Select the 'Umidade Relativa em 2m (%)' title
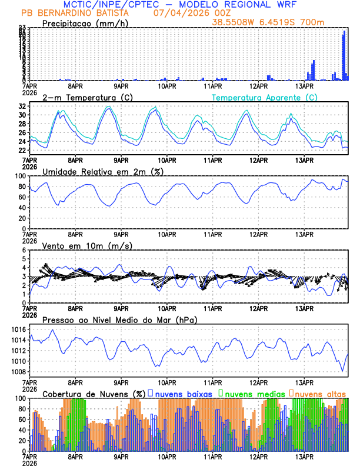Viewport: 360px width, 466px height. click(103, 171)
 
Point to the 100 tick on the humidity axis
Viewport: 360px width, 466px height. click(20, 176)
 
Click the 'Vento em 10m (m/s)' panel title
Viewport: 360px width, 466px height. click(87, 245)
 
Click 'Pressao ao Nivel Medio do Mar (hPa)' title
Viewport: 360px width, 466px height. click(119, 319)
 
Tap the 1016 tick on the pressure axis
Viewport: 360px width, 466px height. click(18, 329)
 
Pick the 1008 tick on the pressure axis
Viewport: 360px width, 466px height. click(18, 372)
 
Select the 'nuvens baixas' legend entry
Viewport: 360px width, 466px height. click(184, 393)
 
